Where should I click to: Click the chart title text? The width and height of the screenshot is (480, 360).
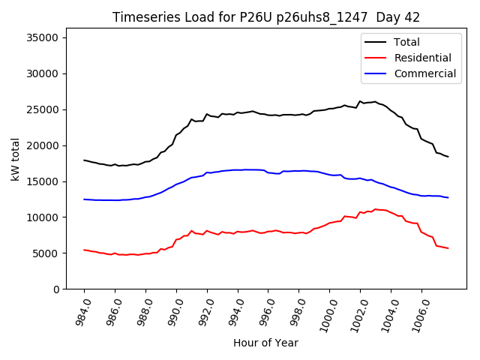click(x=266, y=17)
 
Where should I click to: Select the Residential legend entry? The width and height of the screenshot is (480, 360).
click(x=422, y=58)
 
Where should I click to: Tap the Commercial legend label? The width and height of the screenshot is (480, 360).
click(x=424, y=73)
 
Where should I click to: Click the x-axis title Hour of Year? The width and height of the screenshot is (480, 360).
click(x=265, y=343)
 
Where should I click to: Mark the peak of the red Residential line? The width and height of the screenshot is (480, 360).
click(x=375, y=209)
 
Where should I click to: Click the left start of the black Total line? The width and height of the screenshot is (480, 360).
click(x=84, y=160)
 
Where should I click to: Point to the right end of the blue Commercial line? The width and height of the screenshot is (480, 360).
click(x=448, y=197)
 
